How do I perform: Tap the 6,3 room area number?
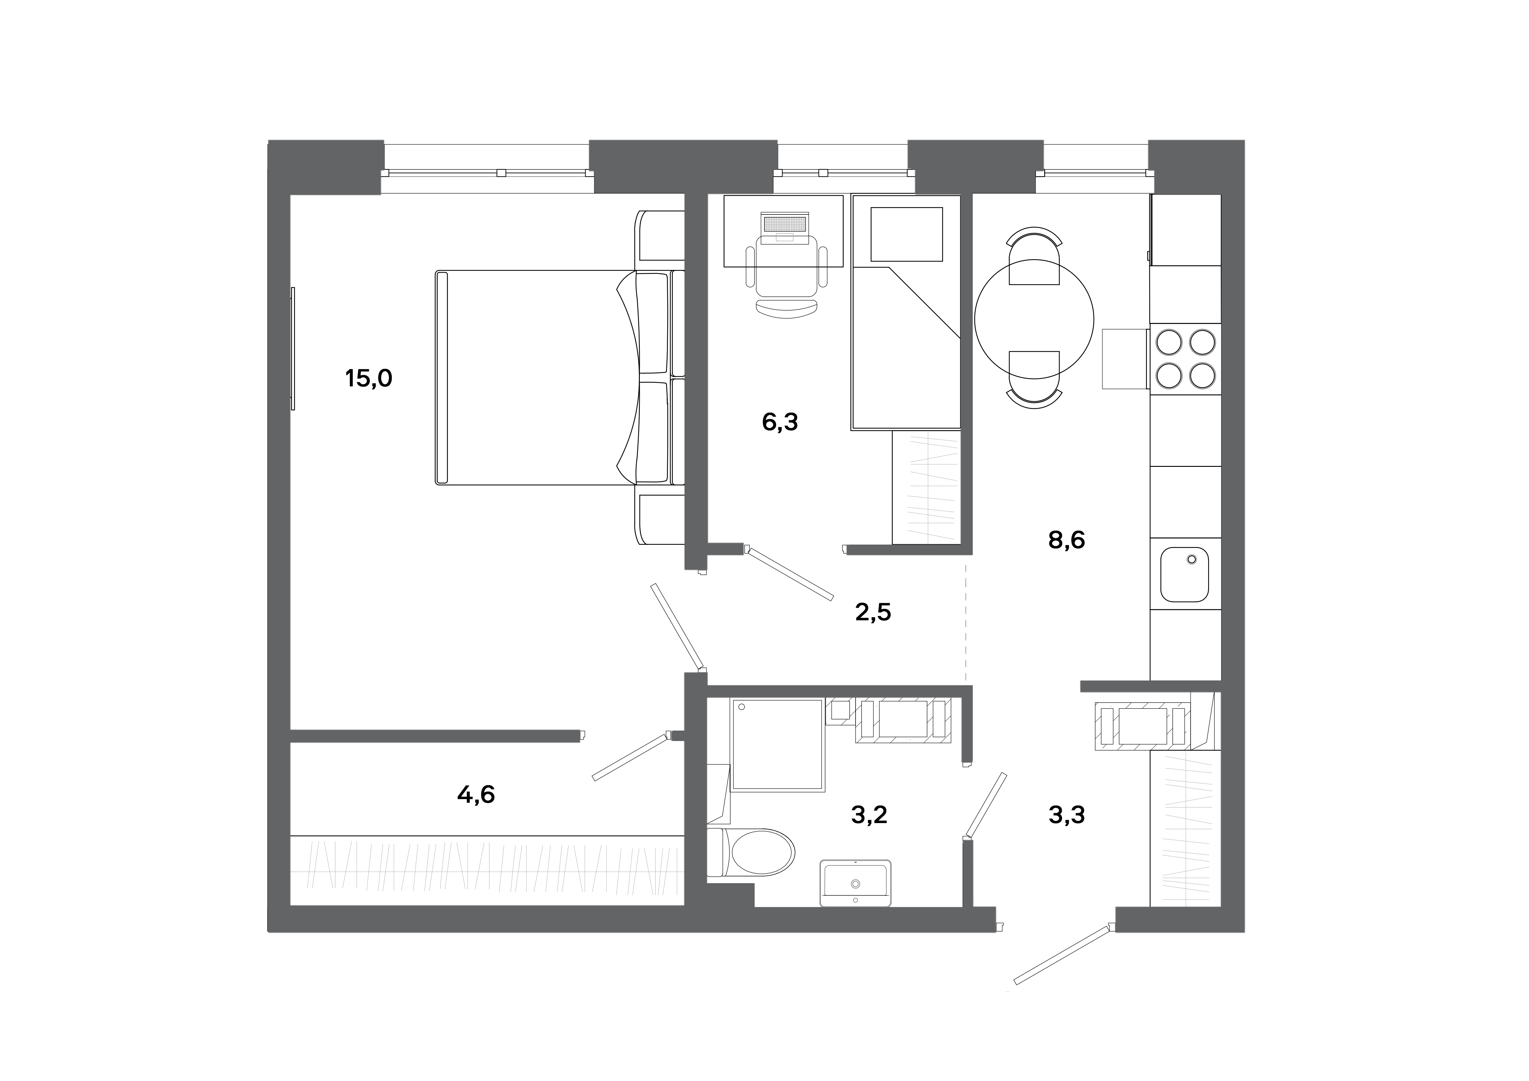coord(780,422)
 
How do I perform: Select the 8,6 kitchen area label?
coord(1066,540)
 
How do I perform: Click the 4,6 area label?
coord(476,794)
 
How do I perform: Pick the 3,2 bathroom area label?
coord(869,814)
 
